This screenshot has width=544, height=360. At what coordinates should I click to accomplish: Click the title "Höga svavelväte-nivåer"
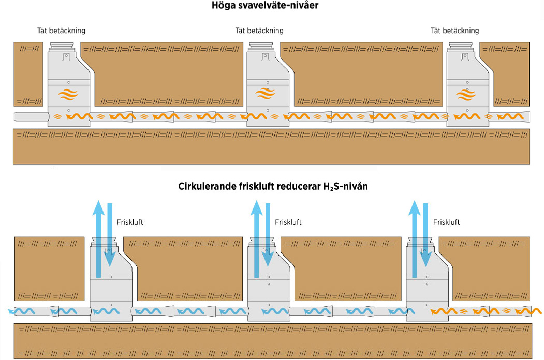tap(272, 7)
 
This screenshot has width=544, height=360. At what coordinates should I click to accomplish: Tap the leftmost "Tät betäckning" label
tap(62, 31)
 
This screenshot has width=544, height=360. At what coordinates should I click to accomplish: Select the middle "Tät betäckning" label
tap(259, 31)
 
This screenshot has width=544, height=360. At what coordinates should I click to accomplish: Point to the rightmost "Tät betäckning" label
tap(455, 31)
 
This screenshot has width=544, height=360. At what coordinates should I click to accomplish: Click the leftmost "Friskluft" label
tap(130, 222)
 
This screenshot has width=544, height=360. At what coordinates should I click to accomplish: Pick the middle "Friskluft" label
tap(288, 222)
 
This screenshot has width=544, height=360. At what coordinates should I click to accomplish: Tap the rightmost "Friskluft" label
tap(446, 222)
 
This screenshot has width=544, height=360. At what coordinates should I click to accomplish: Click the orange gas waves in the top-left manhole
tap(68, 96)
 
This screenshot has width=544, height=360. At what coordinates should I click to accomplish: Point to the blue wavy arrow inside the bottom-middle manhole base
tap(269, 311)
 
